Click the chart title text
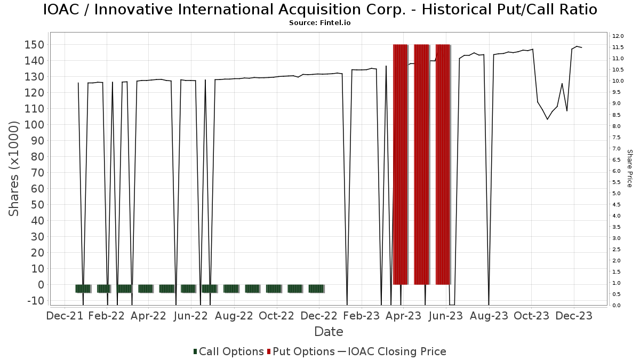[x=320, y=10]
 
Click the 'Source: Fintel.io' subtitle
[x=319, y=23]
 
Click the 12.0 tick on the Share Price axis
[x=618, y=36]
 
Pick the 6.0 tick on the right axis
[x=617, y=171]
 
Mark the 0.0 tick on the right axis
[x=617, y=306]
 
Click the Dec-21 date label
[x=65, y=316]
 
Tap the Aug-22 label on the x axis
[x=234, y=316]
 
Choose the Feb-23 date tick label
[x=362, y=316]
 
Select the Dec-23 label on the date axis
[x=574, y=316]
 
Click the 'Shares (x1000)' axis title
[x=13, y=169]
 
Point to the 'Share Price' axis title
[x=629, y=169]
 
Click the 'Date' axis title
[x=329, y=332]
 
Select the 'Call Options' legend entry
[x=229, y=351]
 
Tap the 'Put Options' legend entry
[x=301, y=351]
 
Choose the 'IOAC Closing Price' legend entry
[x=392, y=351]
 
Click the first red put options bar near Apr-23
[x=401, y=165]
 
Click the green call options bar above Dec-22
[x=317, y=289]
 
